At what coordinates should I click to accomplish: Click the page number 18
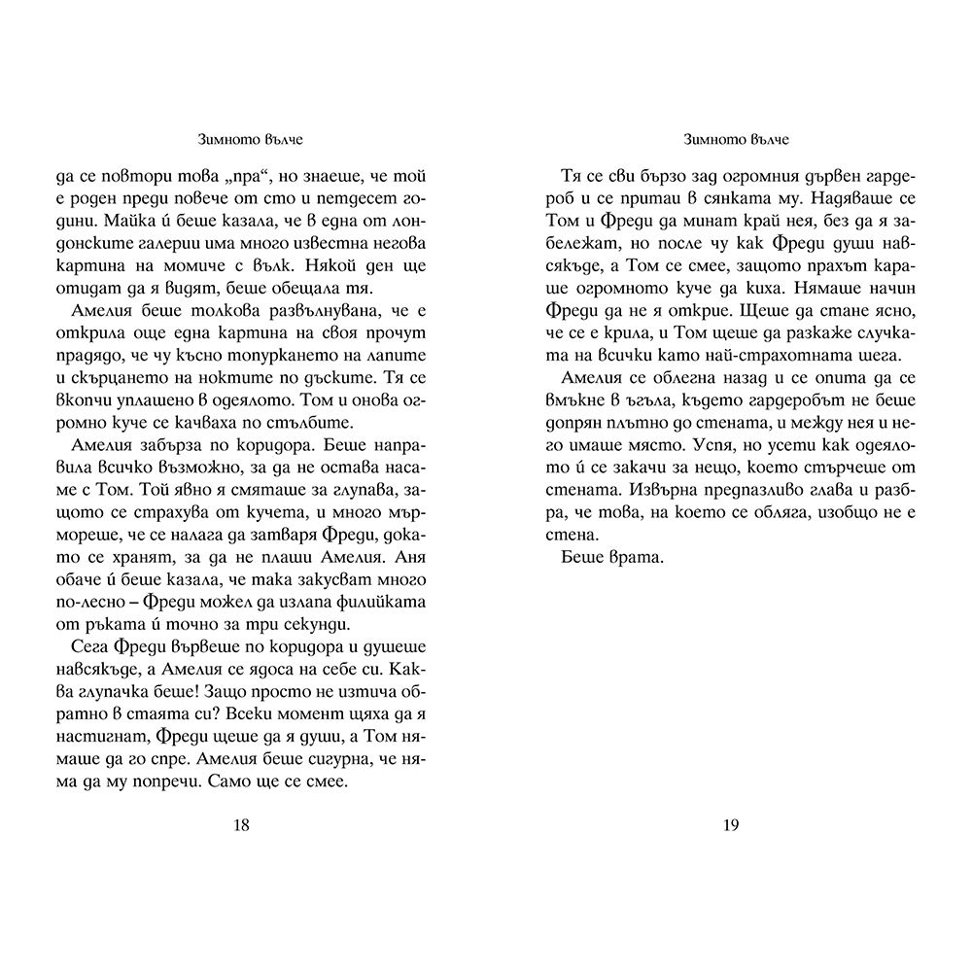tap(242, 825)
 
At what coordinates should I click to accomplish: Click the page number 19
tap(732, 825)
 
